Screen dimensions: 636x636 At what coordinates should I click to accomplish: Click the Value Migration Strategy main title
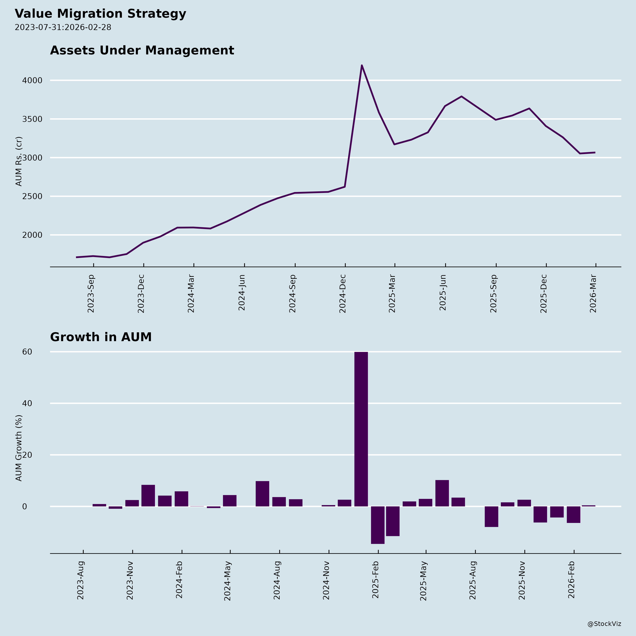(100, 14)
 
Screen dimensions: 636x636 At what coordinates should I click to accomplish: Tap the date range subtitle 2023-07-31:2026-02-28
(63, 27)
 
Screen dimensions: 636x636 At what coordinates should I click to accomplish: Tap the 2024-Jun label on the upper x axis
(242, 292)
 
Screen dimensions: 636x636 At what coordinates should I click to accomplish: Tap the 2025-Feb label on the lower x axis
(376, 580)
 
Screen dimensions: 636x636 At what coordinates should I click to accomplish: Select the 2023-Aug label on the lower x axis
(81, 580)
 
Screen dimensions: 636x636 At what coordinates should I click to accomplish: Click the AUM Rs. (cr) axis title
(19, 161)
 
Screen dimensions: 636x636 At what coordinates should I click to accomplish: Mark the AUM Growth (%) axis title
(19, 448)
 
